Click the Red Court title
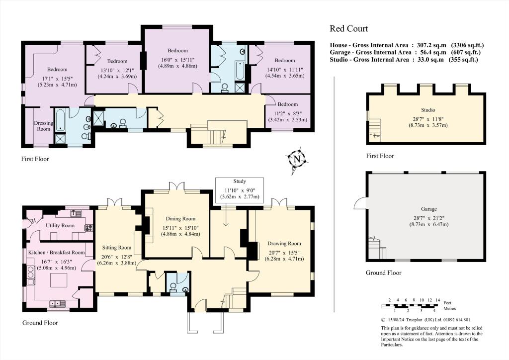click(348, 28)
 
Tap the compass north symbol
click(297, 159)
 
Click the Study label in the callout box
click(240, 181)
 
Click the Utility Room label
click(60, 226)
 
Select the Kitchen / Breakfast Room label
click(56, 253)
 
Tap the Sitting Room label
click(117, 248)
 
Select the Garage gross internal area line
click(405, 52)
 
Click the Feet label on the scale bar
click(448, 302)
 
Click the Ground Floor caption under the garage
click(383, 272)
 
